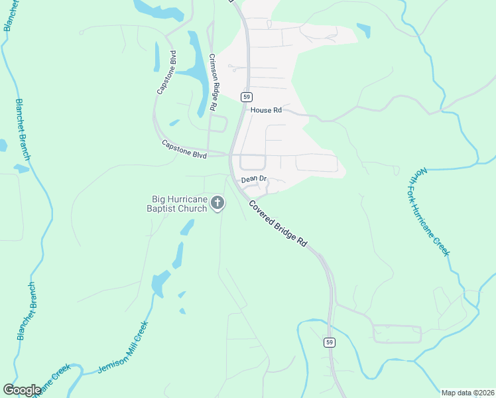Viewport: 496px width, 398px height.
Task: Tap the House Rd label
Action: coord(266,110)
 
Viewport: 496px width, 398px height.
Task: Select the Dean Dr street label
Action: coord(253,179)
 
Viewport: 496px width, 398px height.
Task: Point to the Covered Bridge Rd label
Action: coord(279,224)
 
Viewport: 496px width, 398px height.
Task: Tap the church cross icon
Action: coord(217,203)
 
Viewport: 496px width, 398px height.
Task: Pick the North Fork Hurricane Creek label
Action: coord(428,212)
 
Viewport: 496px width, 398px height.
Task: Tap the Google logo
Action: coord(22,390)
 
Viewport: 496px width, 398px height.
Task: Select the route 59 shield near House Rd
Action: coord(247,96)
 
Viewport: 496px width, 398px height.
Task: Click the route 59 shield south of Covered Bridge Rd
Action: coord(329,342)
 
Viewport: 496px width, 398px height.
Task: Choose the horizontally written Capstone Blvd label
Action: coord(184,150)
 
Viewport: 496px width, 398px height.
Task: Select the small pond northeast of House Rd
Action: coord(363,30)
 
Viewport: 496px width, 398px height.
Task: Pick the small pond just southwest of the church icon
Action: coord(188,228)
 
